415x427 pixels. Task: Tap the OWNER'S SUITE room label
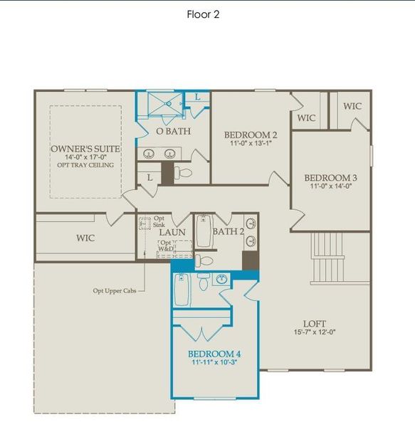click(85, 149)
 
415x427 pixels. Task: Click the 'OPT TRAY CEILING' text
click(85, 165)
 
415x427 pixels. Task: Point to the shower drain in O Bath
click(168, 105)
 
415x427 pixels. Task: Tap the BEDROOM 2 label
click(250, 135)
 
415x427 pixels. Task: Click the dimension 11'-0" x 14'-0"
click(330, 187)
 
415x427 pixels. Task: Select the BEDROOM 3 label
click(330, 178)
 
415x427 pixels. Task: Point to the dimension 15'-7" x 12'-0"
click(310, 331)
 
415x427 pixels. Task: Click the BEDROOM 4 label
click(214, 353)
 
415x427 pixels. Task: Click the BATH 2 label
click(228, 231)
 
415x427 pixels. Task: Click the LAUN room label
click(172, 232)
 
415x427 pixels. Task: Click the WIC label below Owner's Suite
click(85, 238)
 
